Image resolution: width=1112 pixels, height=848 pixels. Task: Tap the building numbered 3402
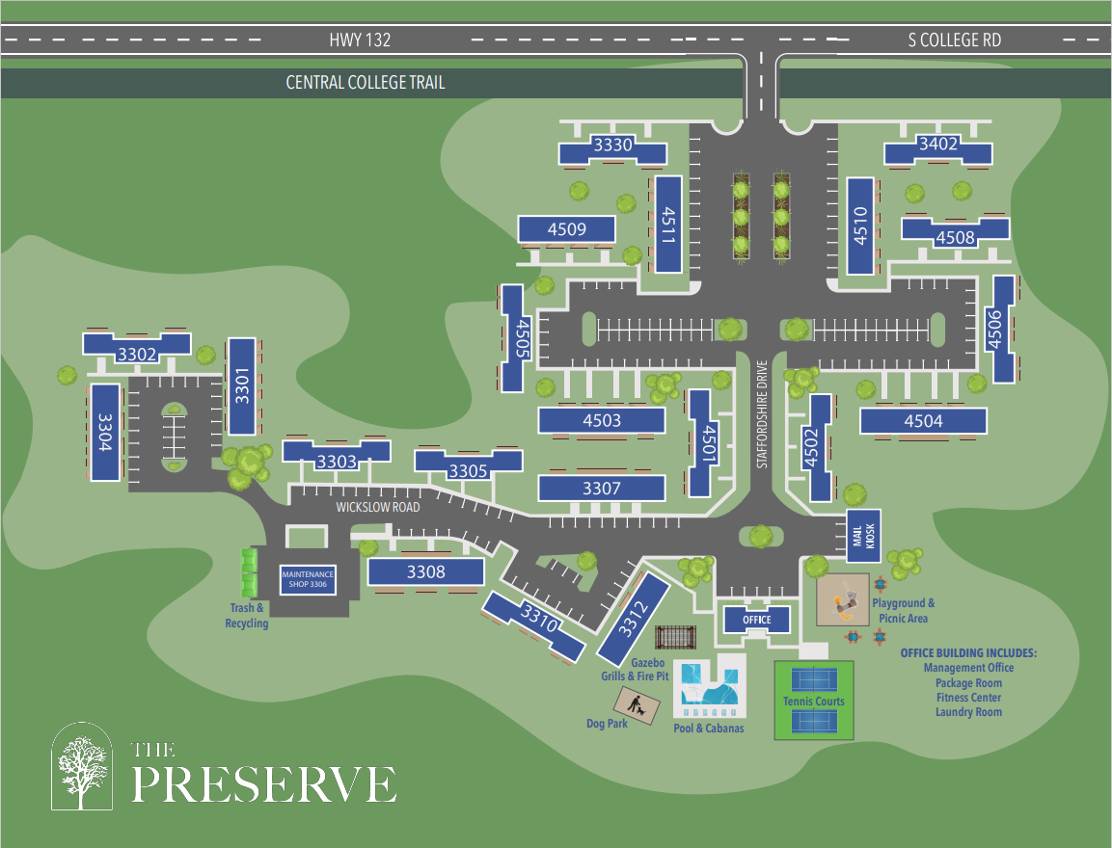938,146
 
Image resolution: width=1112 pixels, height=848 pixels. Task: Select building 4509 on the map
567,229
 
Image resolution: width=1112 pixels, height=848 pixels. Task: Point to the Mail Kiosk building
862,535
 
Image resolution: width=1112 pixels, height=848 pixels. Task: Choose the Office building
757,620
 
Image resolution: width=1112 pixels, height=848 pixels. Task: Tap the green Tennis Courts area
814,701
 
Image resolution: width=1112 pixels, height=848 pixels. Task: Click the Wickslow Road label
378,507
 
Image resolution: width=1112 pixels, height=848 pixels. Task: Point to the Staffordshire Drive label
761,415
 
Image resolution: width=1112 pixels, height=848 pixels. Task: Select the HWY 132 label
360,40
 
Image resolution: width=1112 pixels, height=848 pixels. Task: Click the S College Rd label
954,40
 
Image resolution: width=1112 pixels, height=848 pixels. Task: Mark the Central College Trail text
366,83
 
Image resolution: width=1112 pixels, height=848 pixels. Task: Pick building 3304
105,432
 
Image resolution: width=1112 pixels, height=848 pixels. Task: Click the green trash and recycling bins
250,571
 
